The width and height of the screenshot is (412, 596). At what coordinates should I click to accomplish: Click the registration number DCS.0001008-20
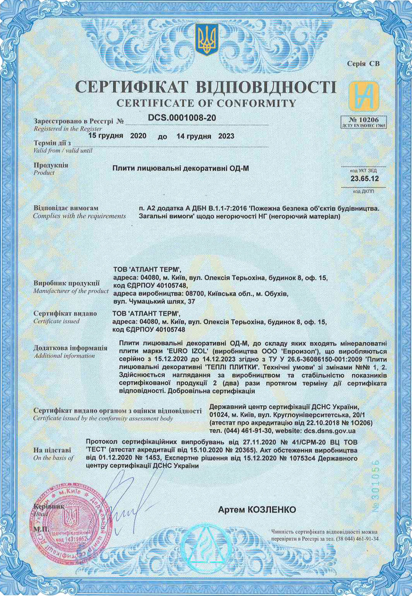[x=182, y=118]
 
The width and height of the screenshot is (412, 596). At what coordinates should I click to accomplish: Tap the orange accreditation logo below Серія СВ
[x=364, y=96]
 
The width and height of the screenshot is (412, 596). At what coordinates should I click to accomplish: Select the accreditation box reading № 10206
[x=364, y=122]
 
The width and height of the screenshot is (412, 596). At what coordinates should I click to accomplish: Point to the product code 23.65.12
[x=364, y=179]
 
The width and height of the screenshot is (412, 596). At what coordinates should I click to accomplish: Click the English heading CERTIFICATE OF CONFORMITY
[x=206, y=103]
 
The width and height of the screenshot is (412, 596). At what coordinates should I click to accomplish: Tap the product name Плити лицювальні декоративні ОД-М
[x=181, y=168]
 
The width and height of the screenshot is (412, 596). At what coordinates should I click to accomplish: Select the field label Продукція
[x=51, y=165]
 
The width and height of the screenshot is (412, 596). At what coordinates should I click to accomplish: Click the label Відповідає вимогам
[x=66, y=208]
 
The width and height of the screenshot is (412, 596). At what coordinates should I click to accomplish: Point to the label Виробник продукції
[x=67, y=284]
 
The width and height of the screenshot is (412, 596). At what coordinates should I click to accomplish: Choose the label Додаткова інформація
[x=70, y=348]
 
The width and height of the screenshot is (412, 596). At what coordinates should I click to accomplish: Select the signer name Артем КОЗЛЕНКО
[x=257, y=509]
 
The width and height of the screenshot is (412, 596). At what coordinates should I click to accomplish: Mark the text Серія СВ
[x=363, y=64]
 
